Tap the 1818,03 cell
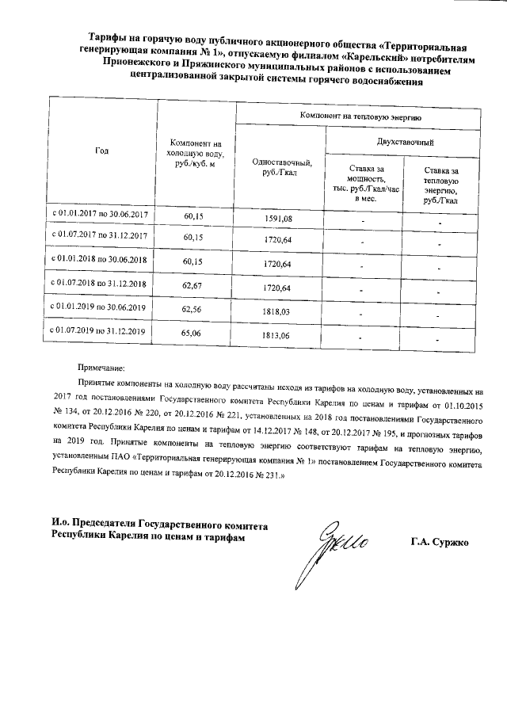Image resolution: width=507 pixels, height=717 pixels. [276, 313]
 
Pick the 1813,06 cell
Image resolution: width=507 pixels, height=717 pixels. [276, 336]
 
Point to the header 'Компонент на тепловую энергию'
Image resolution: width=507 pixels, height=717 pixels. [360, 116]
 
